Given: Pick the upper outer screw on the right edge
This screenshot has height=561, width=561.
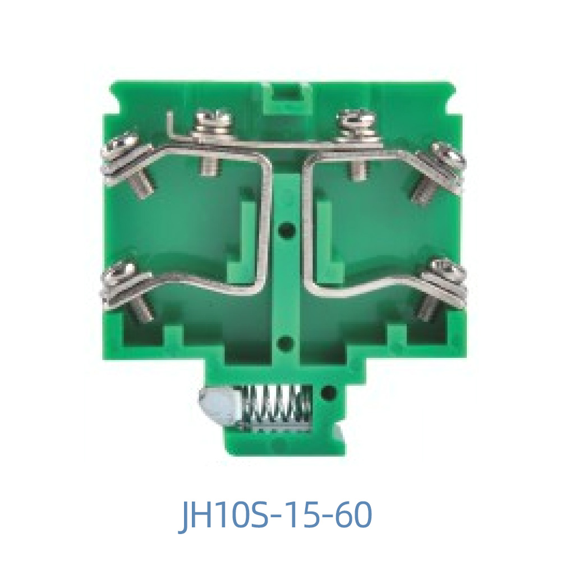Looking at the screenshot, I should tap(447, 154).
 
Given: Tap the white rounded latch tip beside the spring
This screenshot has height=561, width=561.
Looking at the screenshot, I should tap(214, 405).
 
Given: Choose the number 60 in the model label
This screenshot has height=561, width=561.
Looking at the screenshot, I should tap(351, 516).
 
